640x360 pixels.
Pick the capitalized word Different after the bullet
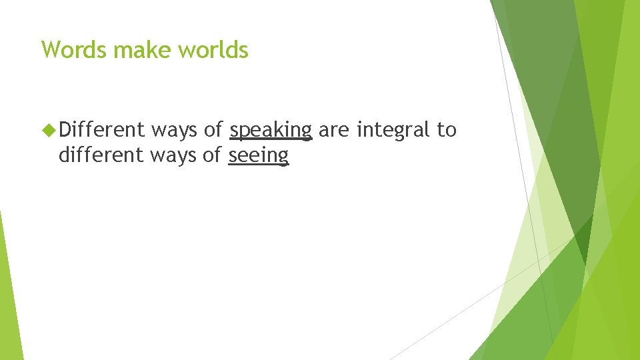pyautogui.click(x=101, y=130)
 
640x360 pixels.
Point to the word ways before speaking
pyautogui.click(x=174, y=131)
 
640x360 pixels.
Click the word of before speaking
pyautogui.click(x=213, y=130)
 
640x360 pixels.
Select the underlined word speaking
pyautogui.click(x=270, y=131)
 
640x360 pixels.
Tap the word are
pyautogui.click(x=334, y=131)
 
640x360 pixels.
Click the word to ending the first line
pyautogui.click(x=447, y=130)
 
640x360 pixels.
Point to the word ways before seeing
pyautogui.click(x=174, y=156)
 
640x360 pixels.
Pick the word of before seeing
pyautogui.click(x=213, y=155)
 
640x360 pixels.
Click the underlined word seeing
pyautogui.click(x=259, y=156)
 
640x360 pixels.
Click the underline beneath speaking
pyautogui.click(x=270, y=139)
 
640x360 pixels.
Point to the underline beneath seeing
pyautogui.click(x=259, y=165)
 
